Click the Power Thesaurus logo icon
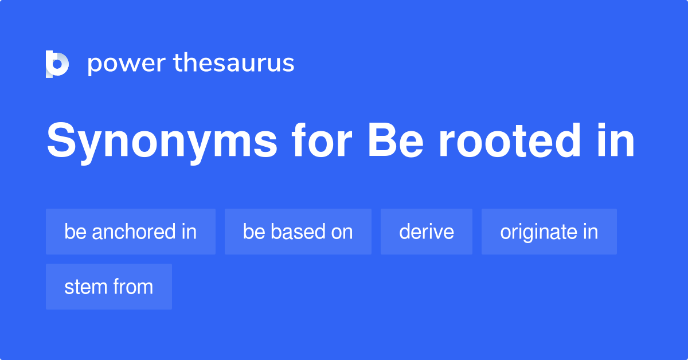coord(57,64)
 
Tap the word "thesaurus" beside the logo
coord(234,64)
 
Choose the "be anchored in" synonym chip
coord(131,232)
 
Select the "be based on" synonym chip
coord(298,232)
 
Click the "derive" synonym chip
coord(427,232)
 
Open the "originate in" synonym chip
coord(549,232)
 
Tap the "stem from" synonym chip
coord(109,287)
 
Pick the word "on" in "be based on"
coord(341,232)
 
